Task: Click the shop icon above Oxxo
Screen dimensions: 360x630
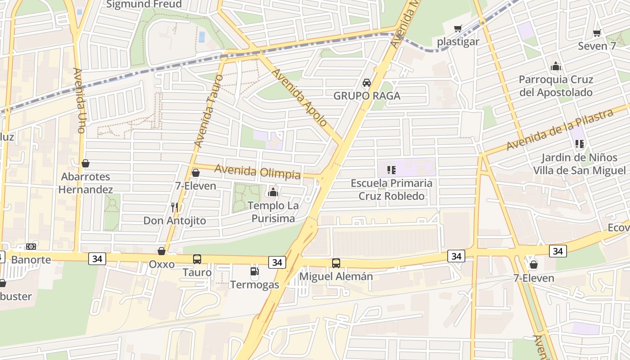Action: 161,251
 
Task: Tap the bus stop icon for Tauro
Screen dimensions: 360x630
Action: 197,259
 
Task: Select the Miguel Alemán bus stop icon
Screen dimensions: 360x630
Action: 336,263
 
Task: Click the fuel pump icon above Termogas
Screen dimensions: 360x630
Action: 255,271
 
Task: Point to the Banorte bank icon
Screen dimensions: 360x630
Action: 31,247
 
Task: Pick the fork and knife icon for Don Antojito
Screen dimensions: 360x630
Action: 175,207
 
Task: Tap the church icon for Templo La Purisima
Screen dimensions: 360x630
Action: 273,193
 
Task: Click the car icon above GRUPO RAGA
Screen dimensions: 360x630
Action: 367,83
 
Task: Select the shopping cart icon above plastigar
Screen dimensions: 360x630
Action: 458,29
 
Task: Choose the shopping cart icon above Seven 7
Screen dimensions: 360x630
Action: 597,33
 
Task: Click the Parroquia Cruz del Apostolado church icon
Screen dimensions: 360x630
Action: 556,67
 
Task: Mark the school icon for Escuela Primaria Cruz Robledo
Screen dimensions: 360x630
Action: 391,170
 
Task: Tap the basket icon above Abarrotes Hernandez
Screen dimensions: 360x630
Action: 85,163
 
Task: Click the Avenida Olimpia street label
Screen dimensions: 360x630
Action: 257,171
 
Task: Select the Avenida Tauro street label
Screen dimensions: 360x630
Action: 205,117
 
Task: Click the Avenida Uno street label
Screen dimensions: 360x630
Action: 79,100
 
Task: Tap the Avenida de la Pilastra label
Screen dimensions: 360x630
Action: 559,130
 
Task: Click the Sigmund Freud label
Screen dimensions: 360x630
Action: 144,4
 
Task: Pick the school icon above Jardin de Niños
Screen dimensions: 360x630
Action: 580,144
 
